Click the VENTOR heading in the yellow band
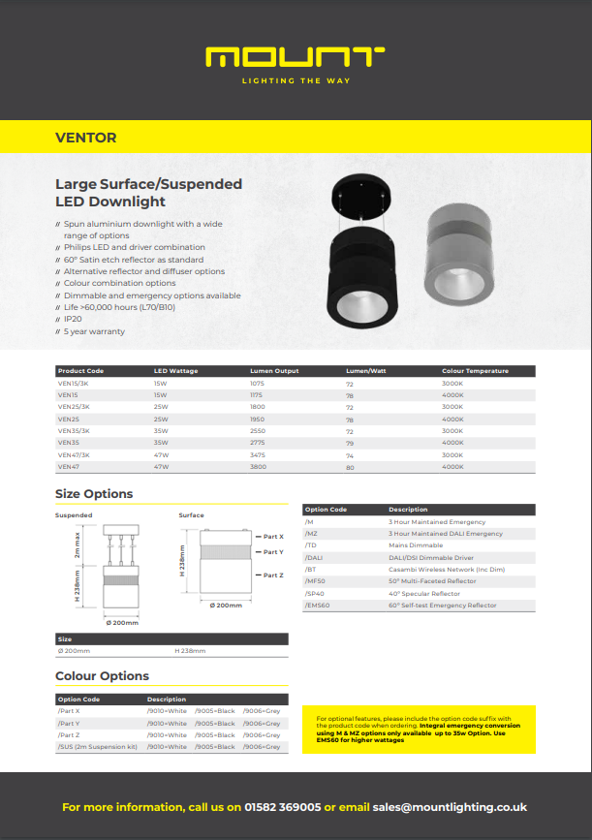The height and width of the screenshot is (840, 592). click(x=86, y=138)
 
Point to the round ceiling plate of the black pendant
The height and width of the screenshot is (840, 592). click(x=362, y=197)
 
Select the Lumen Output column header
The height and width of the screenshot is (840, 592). click(x=274, y=371)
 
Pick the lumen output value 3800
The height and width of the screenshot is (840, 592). click(x=258, y=467)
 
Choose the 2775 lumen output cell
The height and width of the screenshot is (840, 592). click(x=258, y=443)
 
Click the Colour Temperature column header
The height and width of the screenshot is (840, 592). click(x=475, y=371)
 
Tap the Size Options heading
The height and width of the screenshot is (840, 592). click(x=94, y=494)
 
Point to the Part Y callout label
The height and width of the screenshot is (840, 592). click(x=274, y=552)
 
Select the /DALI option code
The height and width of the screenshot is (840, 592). click(x=314, y=558)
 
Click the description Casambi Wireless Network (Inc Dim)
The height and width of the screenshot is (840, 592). click(x=436, y=570)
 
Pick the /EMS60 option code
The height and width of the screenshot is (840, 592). click(x=318, y=606)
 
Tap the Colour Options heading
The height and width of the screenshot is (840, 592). click(x=102, y=676)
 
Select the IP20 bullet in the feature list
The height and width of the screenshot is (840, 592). click(x=72, y=319)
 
